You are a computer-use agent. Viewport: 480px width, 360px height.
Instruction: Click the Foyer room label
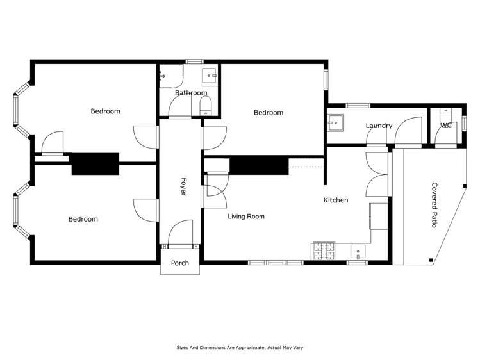(183, 186)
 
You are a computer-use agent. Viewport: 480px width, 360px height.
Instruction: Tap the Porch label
(180, 263)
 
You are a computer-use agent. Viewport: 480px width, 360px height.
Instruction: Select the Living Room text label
(246, 217)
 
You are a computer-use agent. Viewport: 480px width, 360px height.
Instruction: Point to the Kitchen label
(336, 200)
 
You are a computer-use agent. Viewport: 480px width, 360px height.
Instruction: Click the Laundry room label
(379, 126)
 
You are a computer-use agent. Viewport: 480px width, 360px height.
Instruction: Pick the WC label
(446, 126)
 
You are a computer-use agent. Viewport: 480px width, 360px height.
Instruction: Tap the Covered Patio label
(434, 205)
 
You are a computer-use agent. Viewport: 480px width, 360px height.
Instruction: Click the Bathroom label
(191, 93)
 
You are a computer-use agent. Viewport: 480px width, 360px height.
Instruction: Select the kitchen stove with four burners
(323, 251)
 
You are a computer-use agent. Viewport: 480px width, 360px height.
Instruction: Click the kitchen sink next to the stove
(358, 252)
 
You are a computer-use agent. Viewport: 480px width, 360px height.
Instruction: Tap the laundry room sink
(335, 123)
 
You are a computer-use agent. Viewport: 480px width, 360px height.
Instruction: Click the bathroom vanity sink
(210, 76)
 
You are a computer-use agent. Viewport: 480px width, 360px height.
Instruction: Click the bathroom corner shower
(171, 76)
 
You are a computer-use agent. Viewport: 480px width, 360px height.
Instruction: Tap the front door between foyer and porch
(180, 246)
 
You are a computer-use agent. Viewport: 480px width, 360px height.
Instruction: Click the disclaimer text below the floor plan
(240, 347)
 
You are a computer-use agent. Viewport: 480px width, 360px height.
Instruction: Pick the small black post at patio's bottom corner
(431, 260)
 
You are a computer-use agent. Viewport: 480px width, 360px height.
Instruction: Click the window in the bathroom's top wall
(194, 61)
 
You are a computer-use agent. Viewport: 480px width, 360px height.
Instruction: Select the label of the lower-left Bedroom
(83, 219)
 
